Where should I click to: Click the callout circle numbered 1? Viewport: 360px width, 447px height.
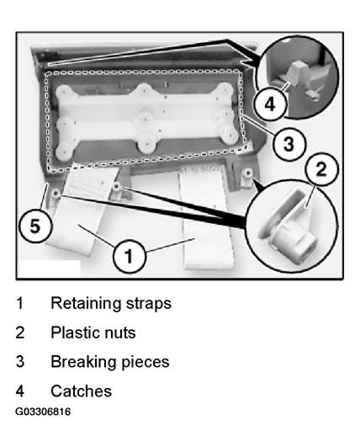[x=130, y=256]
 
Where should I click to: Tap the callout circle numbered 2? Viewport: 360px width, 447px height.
[x=321, y=169]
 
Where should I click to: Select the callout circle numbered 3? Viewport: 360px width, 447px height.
[x=289, y=143]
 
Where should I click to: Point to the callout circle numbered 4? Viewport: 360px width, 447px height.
[x=270, y=104]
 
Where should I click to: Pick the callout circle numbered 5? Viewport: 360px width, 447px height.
[x=35, y=226]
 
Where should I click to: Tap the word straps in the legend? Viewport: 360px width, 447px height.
[x=149, y=304]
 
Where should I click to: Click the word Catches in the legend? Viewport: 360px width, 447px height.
[x=82, y=391]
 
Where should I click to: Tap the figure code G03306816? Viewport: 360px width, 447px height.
[x=43, y=412]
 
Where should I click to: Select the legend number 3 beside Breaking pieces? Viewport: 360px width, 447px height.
[x=20, y=362]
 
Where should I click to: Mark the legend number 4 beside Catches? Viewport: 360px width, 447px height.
[x=20, y=391]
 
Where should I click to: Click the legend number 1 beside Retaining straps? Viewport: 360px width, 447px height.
[x=20, y=303]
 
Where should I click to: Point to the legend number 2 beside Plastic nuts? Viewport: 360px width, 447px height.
[x=20, y=333]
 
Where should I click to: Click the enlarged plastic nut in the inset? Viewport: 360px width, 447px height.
[x=286, y=226]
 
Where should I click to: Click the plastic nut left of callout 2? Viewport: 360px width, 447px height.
[x=248, y=173]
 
